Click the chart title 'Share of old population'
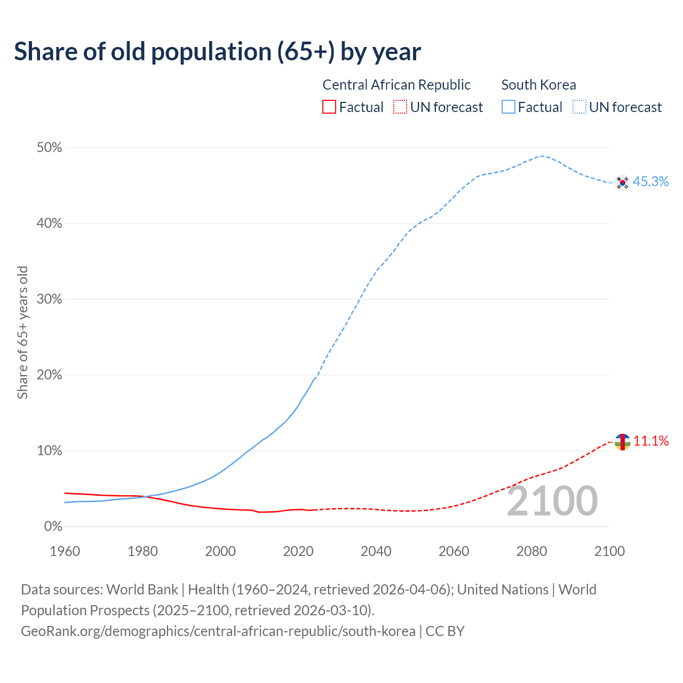click(x=217, y=52)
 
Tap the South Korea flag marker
click(x=622, y=182)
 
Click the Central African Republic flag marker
click(x=622, y=442)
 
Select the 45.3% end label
click(x=650, y=182)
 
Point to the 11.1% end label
click(x=651, y=441)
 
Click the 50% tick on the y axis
click(x=49, y=148)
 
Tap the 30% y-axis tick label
click(x=49, y=299)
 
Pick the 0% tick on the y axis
click(x=53, y=527)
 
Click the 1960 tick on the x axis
click(x=65, y=551)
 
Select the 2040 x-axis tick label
click(x=376, y=551)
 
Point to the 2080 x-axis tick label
click(x=531, y=551)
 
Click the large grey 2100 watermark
click(x=552, y=501)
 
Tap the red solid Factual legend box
click(x=329, y=107)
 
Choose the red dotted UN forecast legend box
click(x=400, y=107)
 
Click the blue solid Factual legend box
click(x=508, y=107)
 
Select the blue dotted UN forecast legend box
click(x=579, y=107)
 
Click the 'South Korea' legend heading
click(x=538, y=85)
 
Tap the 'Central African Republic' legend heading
click(x=396, y=85)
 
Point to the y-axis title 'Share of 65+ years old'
click(x=22, y=332)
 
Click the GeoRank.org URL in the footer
click(x=218, y=631)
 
